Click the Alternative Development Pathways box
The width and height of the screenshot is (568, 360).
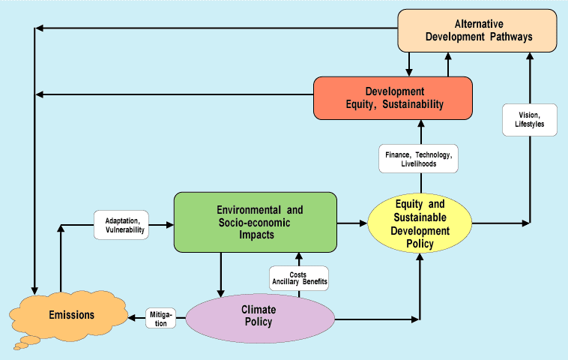pyautogui.click(x=477, y=31)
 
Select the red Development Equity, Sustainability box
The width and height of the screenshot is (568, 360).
pyautogui.click(x=393, y=97)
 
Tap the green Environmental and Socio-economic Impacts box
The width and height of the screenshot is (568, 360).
pyautogui.click(x=255, y=221)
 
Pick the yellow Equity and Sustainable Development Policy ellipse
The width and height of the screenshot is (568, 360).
pyautogui.click(x=420, y=223)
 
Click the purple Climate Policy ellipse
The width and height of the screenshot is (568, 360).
pyautogui.click(x=259, y=316)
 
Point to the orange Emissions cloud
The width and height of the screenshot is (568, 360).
pyautogui.click(x=67, y=315)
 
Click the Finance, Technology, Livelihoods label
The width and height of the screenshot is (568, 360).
pyautogui.click(x=418, y=159)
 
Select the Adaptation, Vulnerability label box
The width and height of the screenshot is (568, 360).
pyautogui.click(x=121, y=224)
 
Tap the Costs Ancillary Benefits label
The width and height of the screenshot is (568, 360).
pyautogui.click(x=299, y=279)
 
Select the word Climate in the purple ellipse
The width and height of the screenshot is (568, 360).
pyautogui.click(x=259, y=309)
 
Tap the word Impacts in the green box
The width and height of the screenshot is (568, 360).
pyautogui.click(x=256, y=234)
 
